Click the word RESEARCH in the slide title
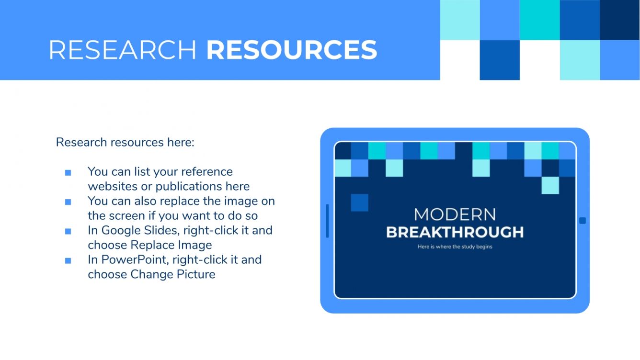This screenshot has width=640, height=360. point(122,50)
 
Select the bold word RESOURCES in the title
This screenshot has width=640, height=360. point(291,50)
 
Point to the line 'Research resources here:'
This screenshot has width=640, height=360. point(125,142)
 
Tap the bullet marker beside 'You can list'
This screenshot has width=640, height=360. point(68,173)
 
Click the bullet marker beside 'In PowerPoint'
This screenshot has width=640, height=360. point(68,261)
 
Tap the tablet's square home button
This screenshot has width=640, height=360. point(583,221)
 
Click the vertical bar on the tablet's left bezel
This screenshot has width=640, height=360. point(328,221)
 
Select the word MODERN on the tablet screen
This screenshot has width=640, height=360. point(455,214)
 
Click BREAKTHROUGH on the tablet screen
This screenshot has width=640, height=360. point(455,232)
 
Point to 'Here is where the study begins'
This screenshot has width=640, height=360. point(455,247)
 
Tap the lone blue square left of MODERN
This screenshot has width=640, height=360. point(360,202)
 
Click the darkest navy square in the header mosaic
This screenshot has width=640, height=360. point(619,20)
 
